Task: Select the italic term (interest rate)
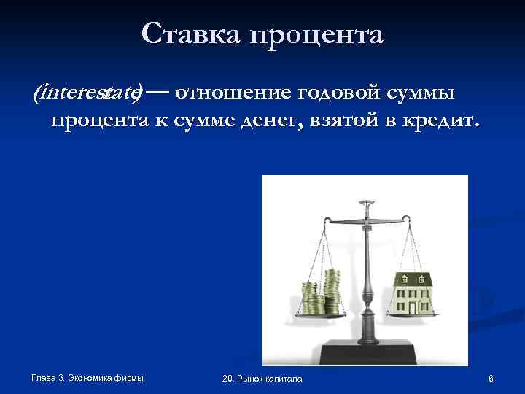[x=87, y=93]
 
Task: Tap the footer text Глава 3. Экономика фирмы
[x=87, y=377]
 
